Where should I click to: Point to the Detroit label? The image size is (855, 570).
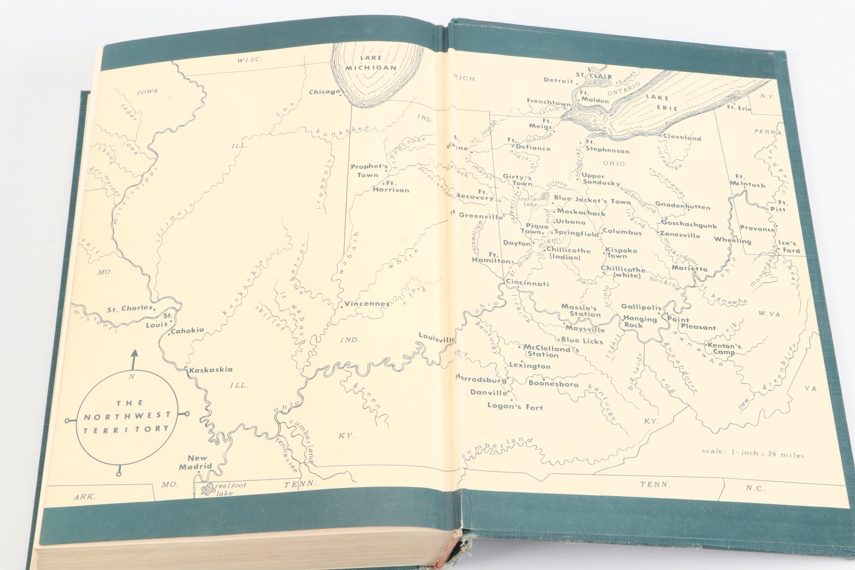[558, 80]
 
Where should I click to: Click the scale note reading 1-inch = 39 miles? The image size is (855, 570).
[752, 453]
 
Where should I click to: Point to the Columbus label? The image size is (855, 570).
[622, 232]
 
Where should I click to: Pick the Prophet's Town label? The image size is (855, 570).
[369, 170]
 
